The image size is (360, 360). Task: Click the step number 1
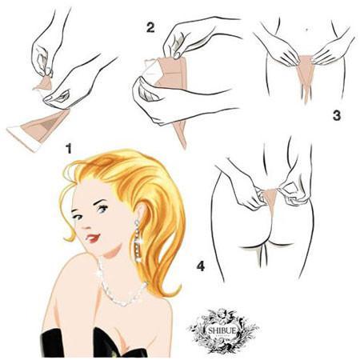[69, 148]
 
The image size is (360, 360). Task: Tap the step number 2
[150, 27]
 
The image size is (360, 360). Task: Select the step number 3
[337, 116]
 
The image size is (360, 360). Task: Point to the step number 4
[201, 266]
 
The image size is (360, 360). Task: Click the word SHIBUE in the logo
[222, 330]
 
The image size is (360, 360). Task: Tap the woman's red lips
[93, 238]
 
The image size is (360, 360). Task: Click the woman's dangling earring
[138, 241]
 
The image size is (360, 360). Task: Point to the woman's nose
[86, 224]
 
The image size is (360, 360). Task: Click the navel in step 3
[307, 30]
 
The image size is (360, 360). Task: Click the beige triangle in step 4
[269, 198]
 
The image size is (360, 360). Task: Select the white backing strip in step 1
[23, 139]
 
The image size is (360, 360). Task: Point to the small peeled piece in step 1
[44, 83]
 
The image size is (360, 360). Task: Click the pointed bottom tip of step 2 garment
[184, 147]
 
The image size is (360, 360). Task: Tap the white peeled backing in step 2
[152, 69]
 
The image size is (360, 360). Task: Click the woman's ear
[141, 210]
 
